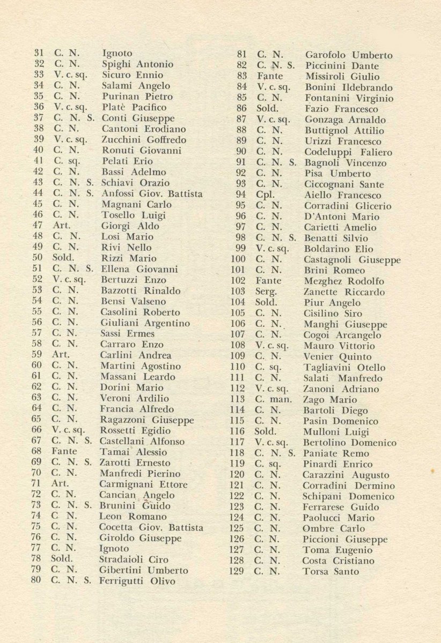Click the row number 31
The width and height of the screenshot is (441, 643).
[39, 54]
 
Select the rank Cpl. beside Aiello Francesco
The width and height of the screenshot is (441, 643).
[266, 196]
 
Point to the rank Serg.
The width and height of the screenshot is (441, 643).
[267, 293]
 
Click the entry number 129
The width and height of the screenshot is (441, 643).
[237, 572]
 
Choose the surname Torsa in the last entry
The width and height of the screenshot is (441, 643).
[317, 572]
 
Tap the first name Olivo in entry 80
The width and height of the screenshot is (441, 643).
[163, 581]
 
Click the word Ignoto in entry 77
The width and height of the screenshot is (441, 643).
[114, 549]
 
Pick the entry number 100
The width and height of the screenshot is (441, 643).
[237, 260]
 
